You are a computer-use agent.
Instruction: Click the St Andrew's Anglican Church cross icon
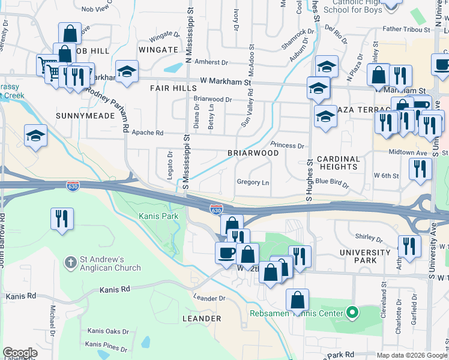click(x=71, y=262)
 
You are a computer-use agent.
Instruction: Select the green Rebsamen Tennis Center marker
click(x=353, y=313)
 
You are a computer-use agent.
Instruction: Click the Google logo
click(x=20, y=353)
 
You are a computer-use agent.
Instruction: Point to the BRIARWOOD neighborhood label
click(x=253, y=153)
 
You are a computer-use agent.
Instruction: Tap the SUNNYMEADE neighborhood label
click(x=85, y=115)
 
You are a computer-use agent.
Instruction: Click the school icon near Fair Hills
click(x=127, y=71)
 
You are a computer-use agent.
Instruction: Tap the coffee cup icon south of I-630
click(x=226, y=252)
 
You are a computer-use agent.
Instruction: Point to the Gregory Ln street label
click(x=253, y=182)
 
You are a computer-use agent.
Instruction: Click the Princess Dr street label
click(x=288, y=145)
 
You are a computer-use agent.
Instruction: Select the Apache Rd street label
click(x=147, y=133)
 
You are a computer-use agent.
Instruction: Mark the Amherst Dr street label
click(x=212, y=62)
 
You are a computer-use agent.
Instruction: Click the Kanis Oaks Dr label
click(x=107, y=331)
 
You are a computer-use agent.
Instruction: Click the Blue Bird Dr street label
click(x=332, y=181)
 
